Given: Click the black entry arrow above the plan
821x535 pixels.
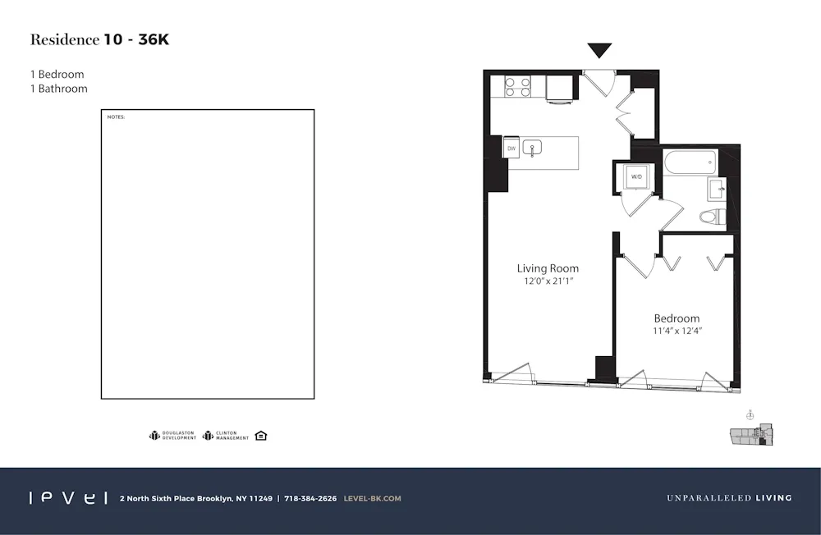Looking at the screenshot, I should tap(600, 51).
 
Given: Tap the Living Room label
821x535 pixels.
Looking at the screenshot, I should tap(548, 268).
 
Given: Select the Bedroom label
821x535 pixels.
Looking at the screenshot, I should tap(677, 318).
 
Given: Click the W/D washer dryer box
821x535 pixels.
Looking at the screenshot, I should tap(636, 177).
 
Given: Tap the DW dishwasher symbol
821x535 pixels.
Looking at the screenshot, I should tap(511, 149).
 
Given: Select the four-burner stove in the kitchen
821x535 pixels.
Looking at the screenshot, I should tap(517, 86).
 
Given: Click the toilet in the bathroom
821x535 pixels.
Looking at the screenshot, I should tap(711, 217).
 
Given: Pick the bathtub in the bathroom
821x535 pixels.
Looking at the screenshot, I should tap(690, 162).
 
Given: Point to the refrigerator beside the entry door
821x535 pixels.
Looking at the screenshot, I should tap(561, 89).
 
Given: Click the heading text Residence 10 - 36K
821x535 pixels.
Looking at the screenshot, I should tap(99, 39).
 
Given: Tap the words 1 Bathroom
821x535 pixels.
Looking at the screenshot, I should tap(58, 89).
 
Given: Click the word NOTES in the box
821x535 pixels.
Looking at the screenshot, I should tap(116, 117).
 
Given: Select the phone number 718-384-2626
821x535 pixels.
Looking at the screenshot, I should tap(310, 498).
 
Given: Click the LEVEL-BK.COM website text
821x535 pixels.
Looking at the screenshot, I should tap(372, 498).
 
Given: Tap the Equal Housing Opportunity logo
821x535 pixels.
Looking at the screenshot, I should tap(261, 436).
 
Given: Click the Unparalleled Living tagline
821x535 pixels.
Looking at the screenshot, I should tap(729, 498).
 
